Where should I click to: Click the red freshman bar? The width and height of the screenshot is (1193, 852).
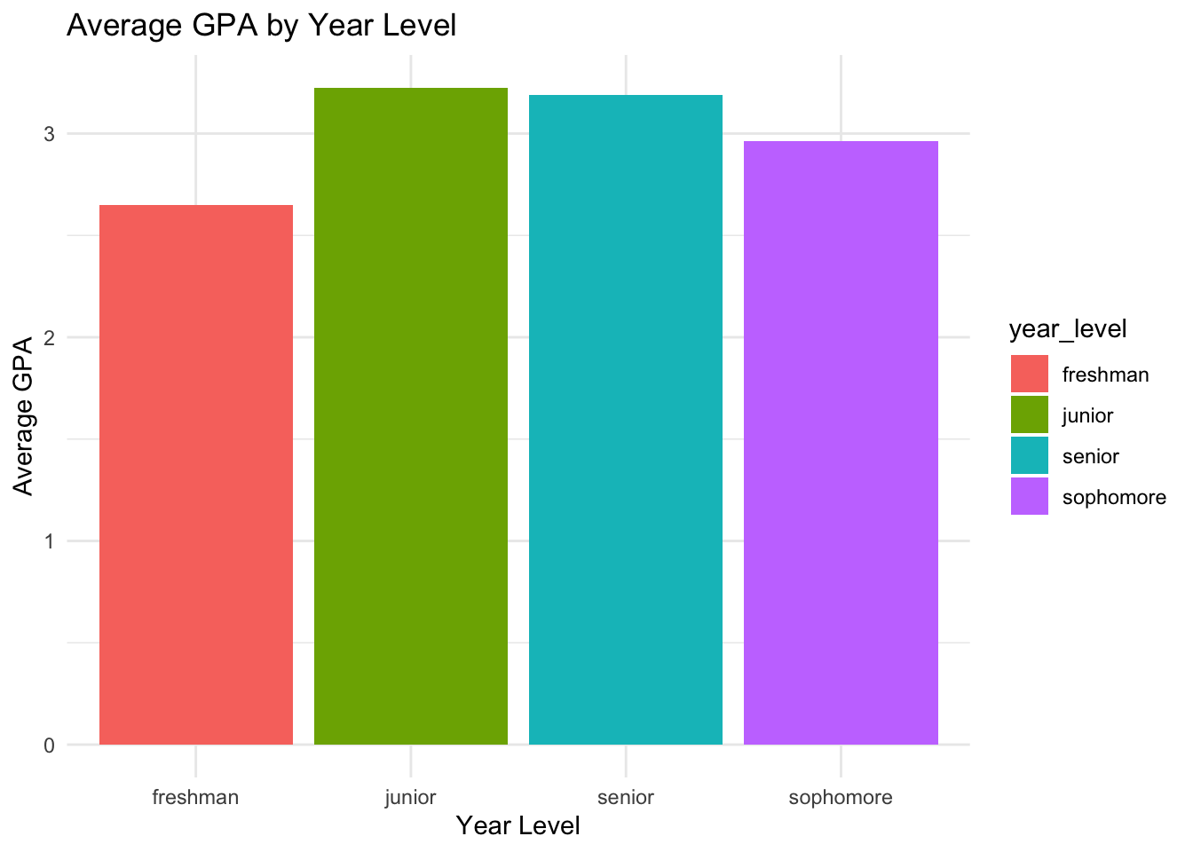[x=196, y=475]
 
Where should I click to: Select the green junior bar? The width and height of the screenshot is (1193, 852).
[x=411, y=416]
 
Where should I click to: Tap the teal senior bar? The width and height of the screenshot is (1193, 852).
[x=626, y=420]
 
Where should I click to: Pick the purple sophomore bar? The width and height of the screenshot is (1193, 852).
[x=841, y=443]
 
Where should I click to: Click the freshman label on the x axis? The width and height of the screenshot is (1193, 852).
[x=195, y=797]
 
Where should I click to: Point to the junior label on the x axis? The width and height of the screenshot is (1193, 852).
[x=410, y=797]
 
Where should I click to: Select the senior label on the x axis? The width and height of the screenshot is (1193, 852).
[x=626, y=797]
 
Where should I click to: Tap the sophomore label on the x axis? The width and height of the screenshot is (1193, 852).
[x=841, y=797]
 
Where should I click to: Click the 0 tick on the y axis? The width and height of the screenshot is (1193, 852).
[x=49, y=745]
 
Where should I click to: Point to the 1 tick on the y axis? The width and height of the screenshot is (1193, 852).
[x=49, y=541]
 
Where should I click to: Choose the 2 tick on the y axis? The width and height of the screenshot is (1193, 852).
[x=49, y=337]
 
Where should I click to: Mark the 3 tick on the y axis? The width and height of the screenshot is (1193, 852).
[x=49, y=134]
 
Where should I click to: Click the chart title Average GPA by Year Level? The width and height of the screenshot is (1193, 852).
[x=261, y=25]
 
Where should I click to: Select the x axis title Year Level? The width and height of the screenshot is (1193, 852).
[x=517, y=826]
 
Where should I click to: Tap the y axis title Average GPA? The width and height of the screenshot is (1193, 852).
[x=23, y=415]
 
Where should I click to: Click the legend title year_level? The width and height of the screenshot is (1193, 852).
[x=1068, y=329]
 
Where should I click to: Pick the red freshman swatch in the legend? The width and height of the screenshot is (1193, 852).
[x=1030, y=374]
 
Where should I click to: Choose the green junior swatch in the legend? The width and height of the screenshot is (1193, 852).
[x=1030, y=414]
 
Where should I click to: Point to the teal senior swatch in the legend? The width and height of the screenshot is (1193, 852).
[x=1030, y=455]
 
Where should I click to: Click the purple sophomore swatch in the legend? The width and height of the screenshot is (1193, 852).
[x=1030, y=496]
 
